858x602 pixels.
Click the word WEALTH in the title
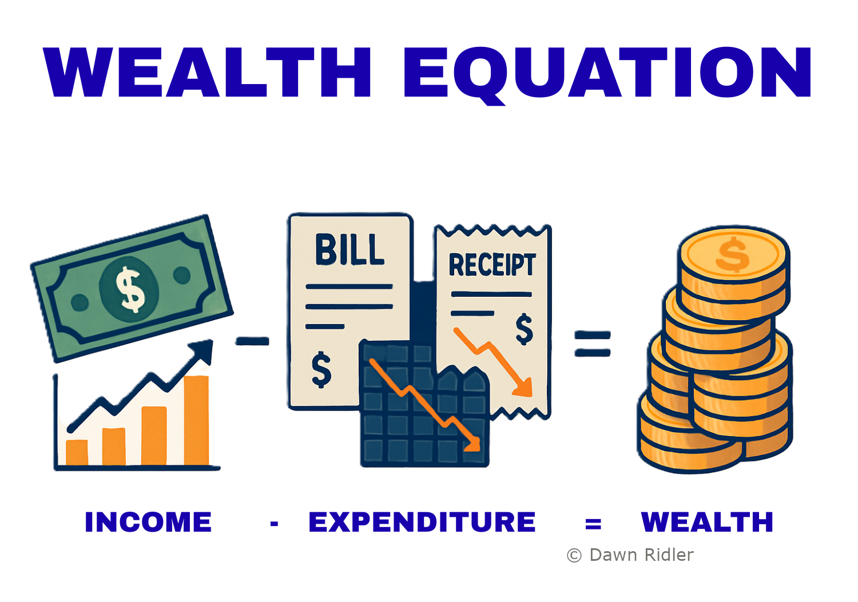point(206,72)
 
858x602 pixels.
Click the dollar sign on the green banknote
point(130,290)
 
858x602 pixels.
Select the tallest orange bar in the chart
point(197,420)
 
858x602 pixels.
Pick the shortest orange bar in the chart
point(77,453)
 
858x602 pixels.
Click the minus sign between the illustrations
point(252,341)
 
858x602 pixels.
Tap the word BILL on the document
point(349,250)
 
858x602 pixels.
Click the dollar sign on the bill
point(321,370)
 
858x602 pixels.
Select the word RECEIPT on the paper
point(492,265)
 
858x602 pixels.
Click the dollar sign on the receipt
point(524,329)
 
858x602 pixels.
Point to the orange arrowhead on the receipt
point(523,387)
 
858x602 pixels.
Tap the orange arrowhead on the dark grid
point(472,444)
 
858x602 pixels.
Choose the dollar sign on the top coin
point(732,254)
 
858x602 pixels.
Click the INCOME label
point(148,522)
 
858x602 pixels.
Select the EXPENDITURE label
point(422,522)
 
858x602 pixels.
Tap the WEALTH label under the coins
point(707,522)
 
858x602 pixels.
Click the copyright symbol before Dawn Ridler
point(574,555)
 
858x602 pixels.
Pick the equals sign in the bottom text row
point(593,524)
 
